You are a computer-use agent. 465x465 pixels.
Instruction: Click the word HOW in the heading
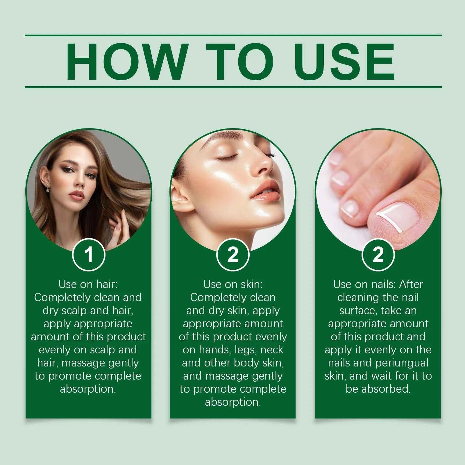pos(126,61)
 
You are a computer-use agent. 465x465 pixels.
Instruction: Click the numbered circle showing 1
pos(89,255)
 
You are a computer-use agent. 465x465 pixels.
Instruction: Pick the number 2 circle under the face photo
pos(233,255)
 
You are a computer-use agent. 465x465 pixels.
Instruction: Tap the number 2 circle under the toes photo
pos(378,255)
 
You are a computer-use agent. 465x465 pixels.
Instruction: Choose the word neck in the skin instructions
pos(272,350)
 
